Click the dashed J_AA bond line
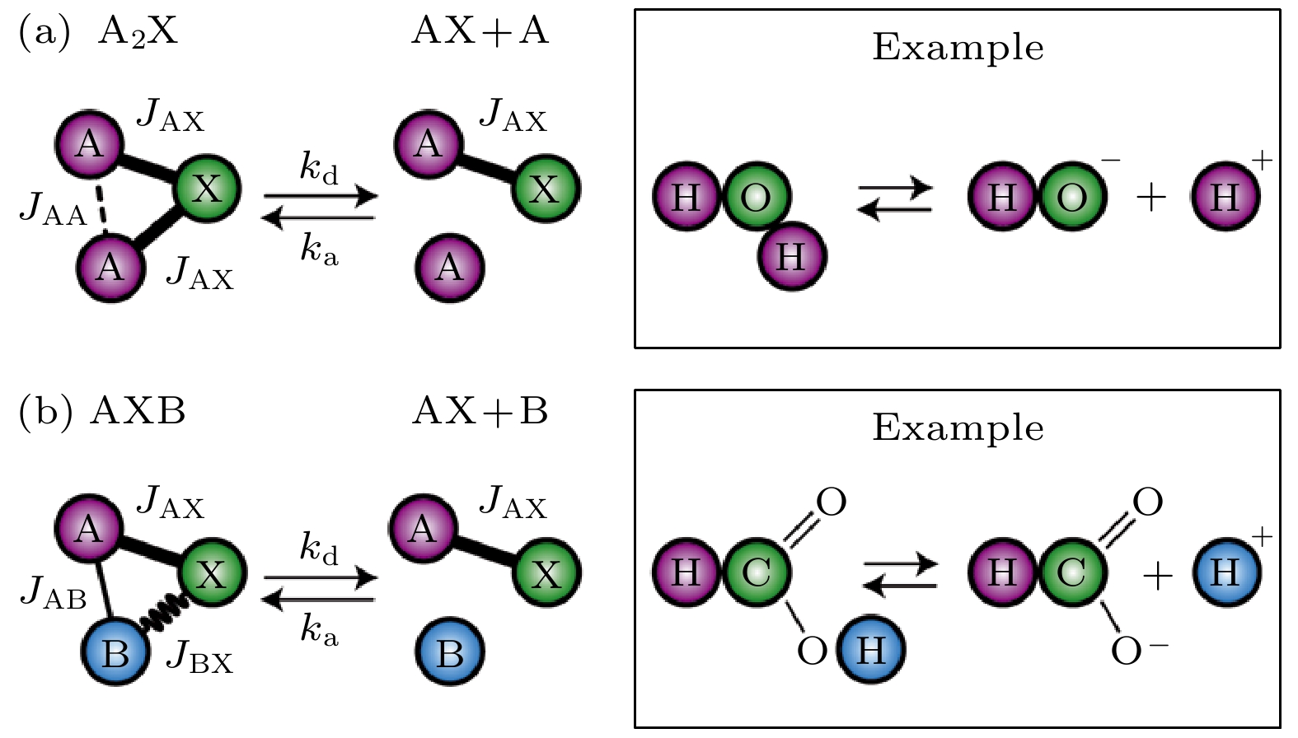pyautogui.click(x=101, y=206)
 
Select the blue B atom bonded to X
pyautogui.click(x=115, y=653)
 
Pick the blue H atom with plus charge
pyautogui.click(x=1226, y=571)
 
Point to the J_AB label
pyautogui.click(x=53, y=595)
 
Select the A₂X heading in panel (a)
pyautogui.click(x=137, y=33)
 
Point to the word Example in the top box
pyautogui.click(x=958, y=48)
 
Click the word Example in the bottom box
pyautogui.click(x=958, y=428)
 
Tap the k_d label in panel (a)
pyautogui.click(x=319, y=168)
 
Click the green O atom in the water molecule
pyautogui.click(x=757, y=197)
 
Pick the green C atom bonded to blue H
pyautogui.click(x=757, y=571)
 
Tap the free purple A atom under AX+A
pyautogui.click(x=450, y=266)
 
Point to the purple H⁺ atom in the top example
pyautogui.click(x=1225, y=197)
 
